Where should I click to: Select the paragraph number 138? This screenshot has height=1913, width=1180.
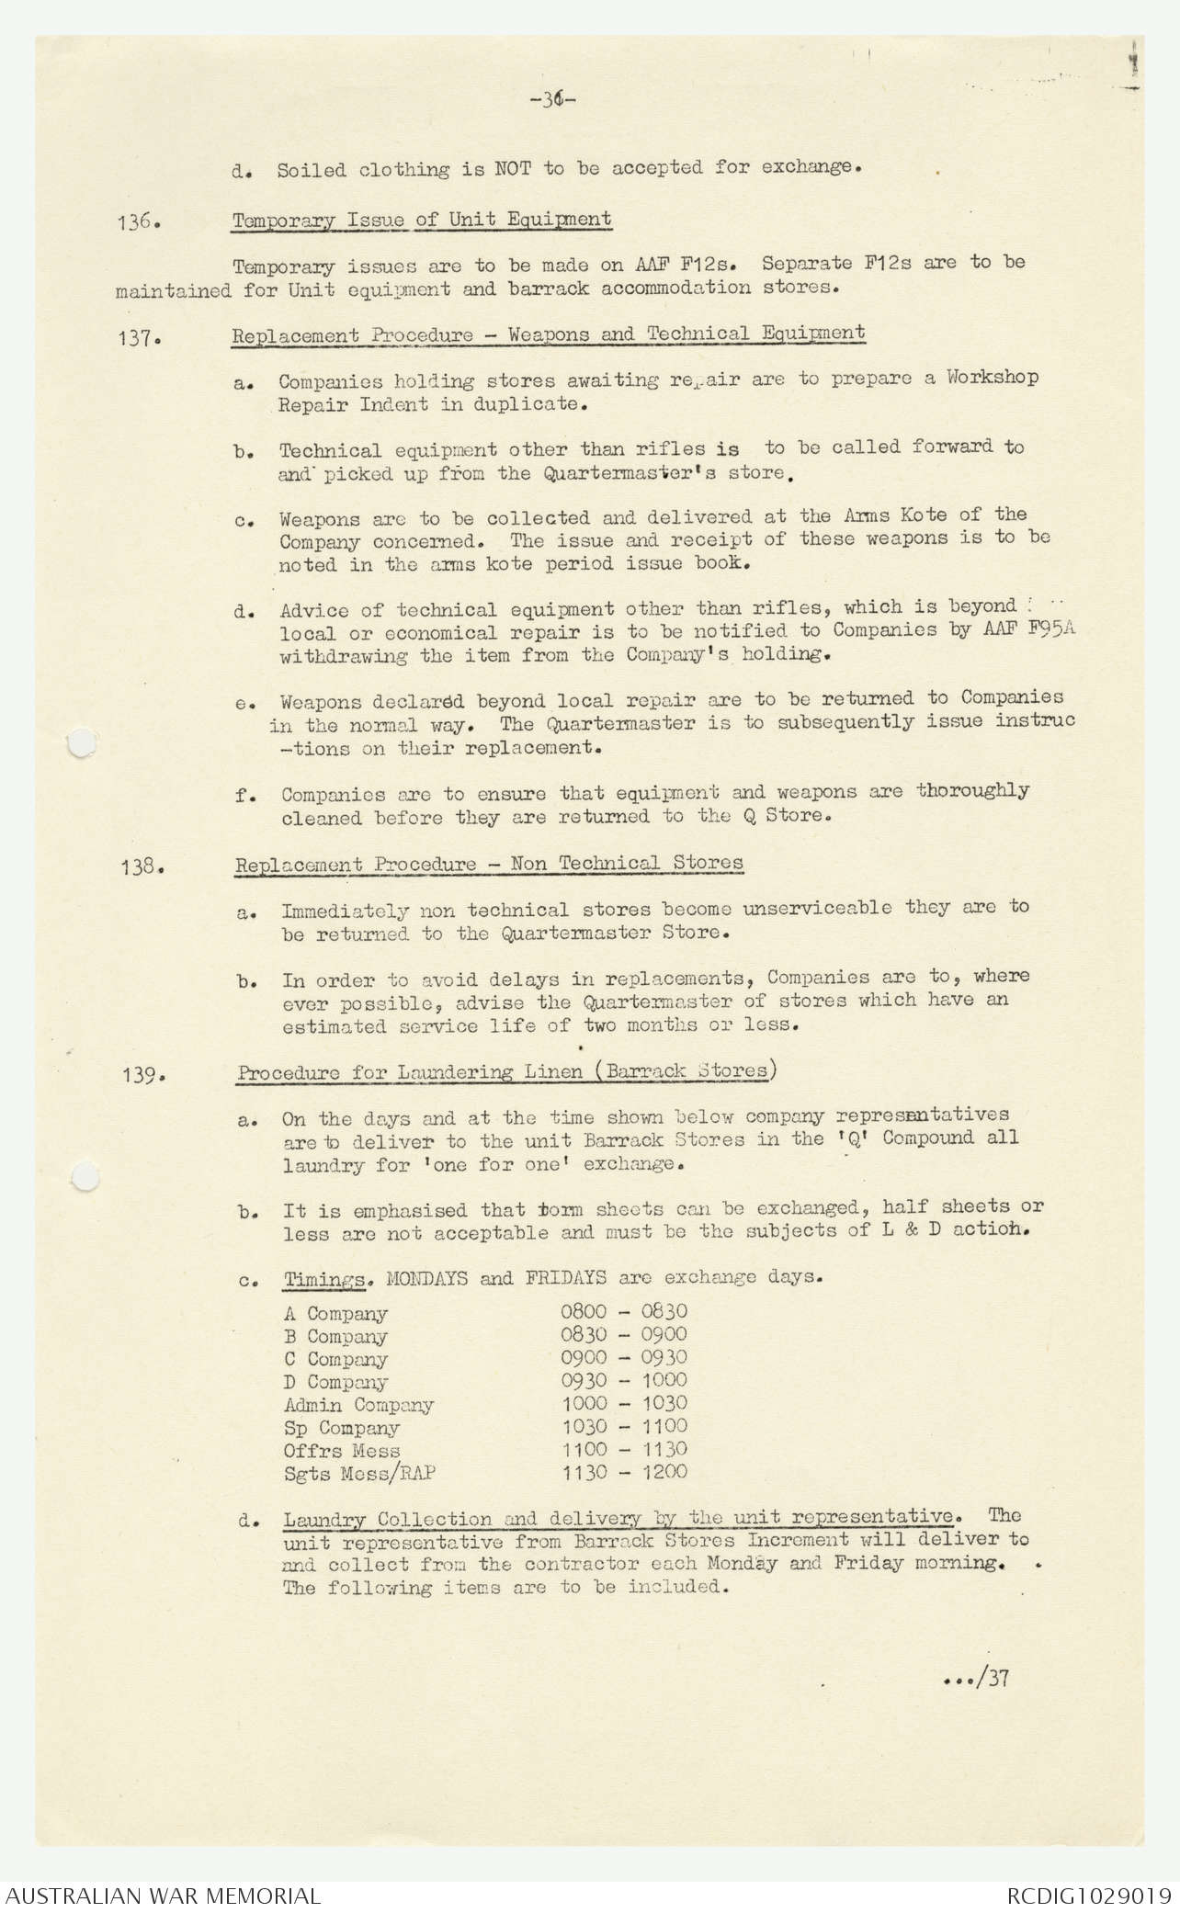(141, 866)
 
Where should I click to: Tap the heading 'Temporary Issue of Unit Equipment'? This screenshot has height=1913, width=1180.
(422, 221)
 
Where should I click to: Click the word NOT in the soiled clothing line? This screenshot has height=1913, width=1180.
(517, 169)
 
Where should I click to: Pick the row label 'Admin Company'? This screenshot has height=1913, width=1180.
(358, 1405)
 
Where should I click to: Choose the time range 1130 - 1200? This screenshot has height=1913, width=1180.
(624, 1473)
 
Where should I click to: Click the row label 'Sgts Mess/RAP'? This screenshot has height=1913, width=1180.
(359, 1474)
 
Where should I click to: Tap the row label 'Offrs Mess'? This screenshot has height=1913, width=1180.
(342, 1451)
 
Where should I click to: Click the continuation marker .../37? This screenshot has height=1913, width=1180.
(977, 1678)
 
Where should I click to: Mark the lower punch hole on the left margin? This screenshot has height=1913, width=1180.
(85, 1176)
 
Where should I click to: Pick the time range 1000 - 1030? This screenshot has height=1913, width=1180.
(624, 1404)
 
